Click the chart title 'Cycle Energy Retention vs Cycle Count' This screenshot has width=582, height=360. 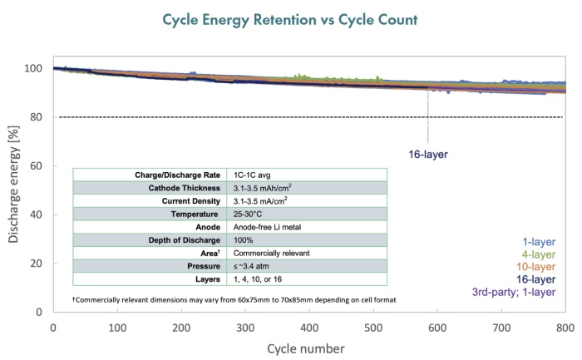[x=291, y=17]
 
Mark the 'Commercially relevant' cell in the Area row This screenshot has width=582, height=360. [x=272, y=251]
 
